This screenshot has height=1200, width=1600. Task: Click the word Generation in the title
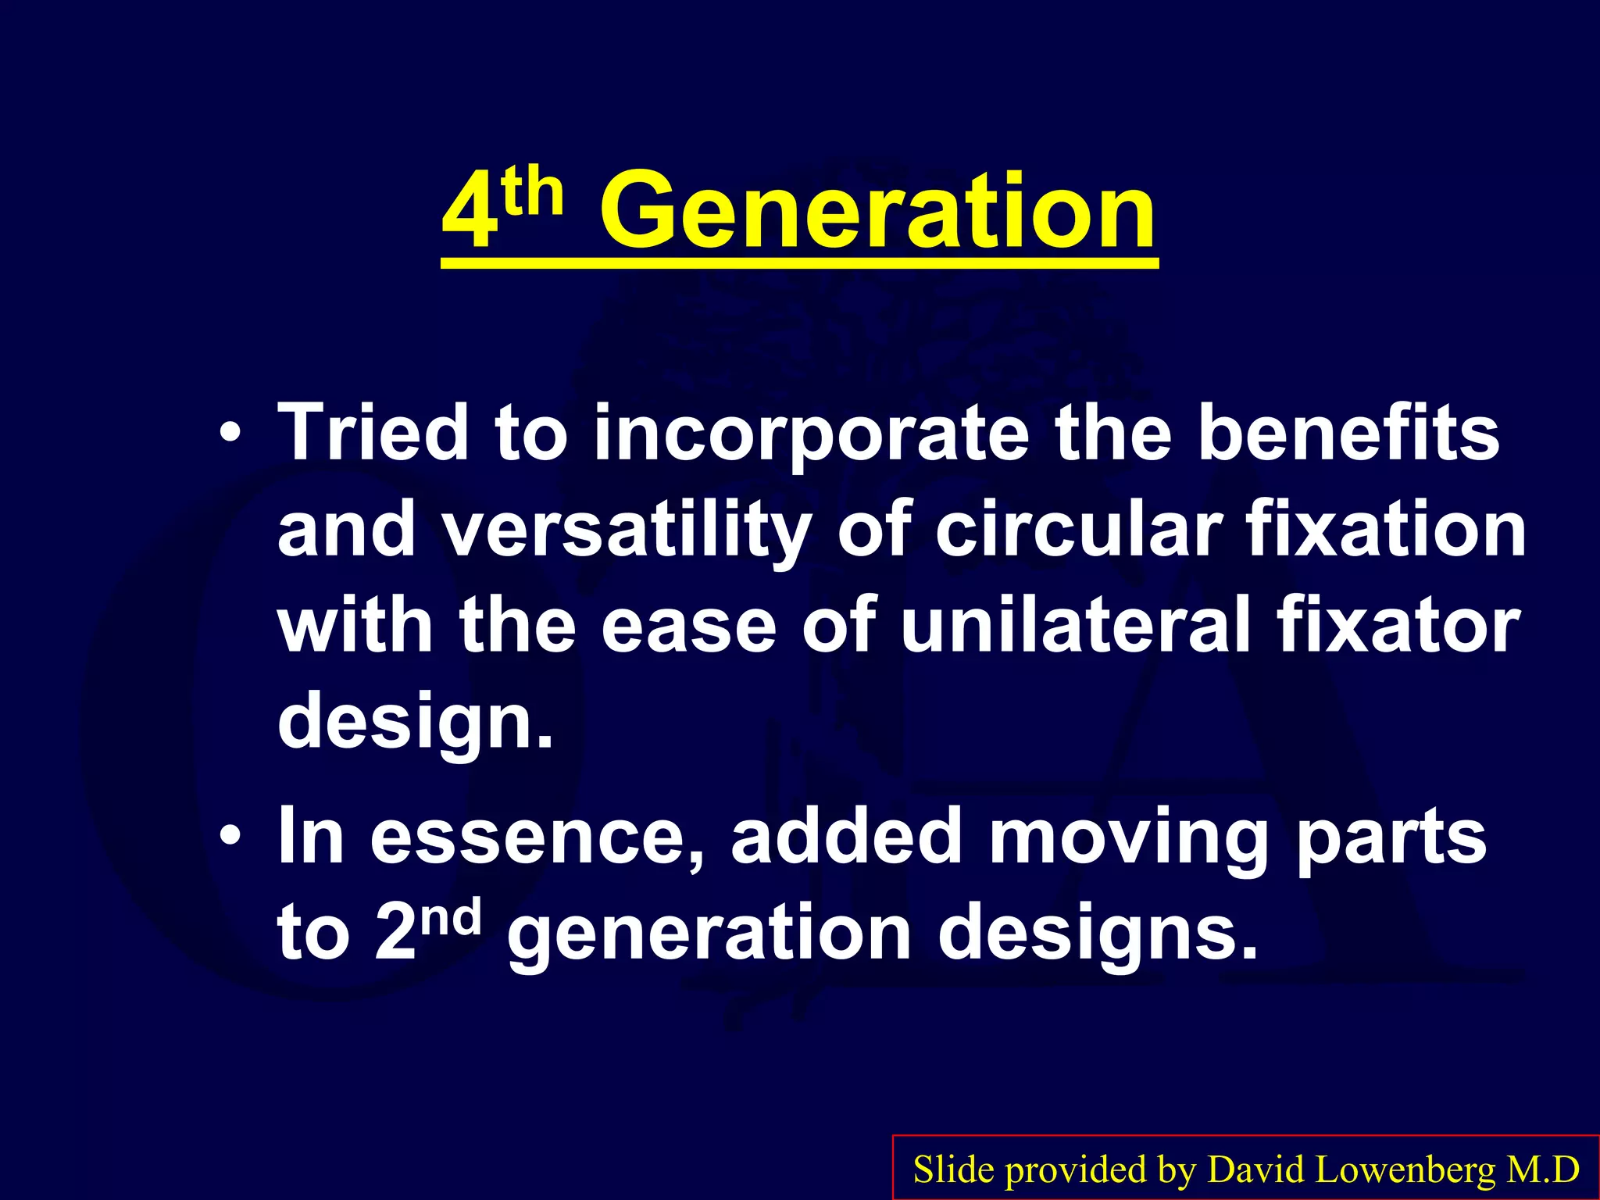(x=877, y=212)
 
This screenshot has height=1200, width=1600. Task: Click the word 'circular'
(x=1078, y=529)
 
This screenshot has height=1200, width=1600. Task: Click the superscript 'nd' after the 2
(x=454, y=917)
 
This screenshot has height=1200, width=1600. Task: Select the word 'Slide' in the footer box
(x=954, y=1170)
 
